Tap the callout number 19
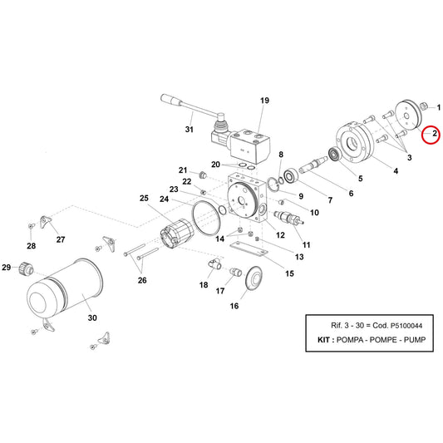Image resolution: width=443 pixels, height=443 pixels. (x=264, y=101)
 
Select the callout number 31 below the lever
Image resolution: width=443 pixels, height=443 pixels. (x=189, y=130)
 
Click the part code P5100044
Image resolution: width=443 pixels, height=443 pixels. (x=406, y=326)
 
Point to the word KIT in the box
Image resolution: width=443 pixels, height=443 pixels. (x=323, y=339)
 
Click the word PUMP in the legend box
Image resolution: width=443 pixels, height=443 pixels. (x=415, y=339)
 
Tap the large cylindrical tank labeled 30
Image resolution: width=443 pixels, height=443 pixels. (x=65, y=292)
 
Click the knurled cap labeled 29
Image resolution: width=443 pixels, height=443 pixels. (x=26, y=268)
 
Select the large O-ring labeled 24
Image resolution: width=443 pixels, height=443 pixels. (x=206, y=218)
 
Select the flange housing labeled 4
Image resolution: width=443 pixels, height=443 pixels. (x=355, y=143)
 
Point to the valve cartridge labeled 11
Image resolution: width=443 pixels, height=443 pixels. (x=288, y=218)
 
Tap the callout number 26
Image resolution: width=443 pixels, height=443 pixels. (x=142, y=280)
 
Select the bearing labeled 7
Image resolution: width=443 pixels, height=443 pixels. (x=290, y=176)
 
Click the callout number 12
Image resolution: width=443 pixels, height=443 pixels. (x=280, y=234)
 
